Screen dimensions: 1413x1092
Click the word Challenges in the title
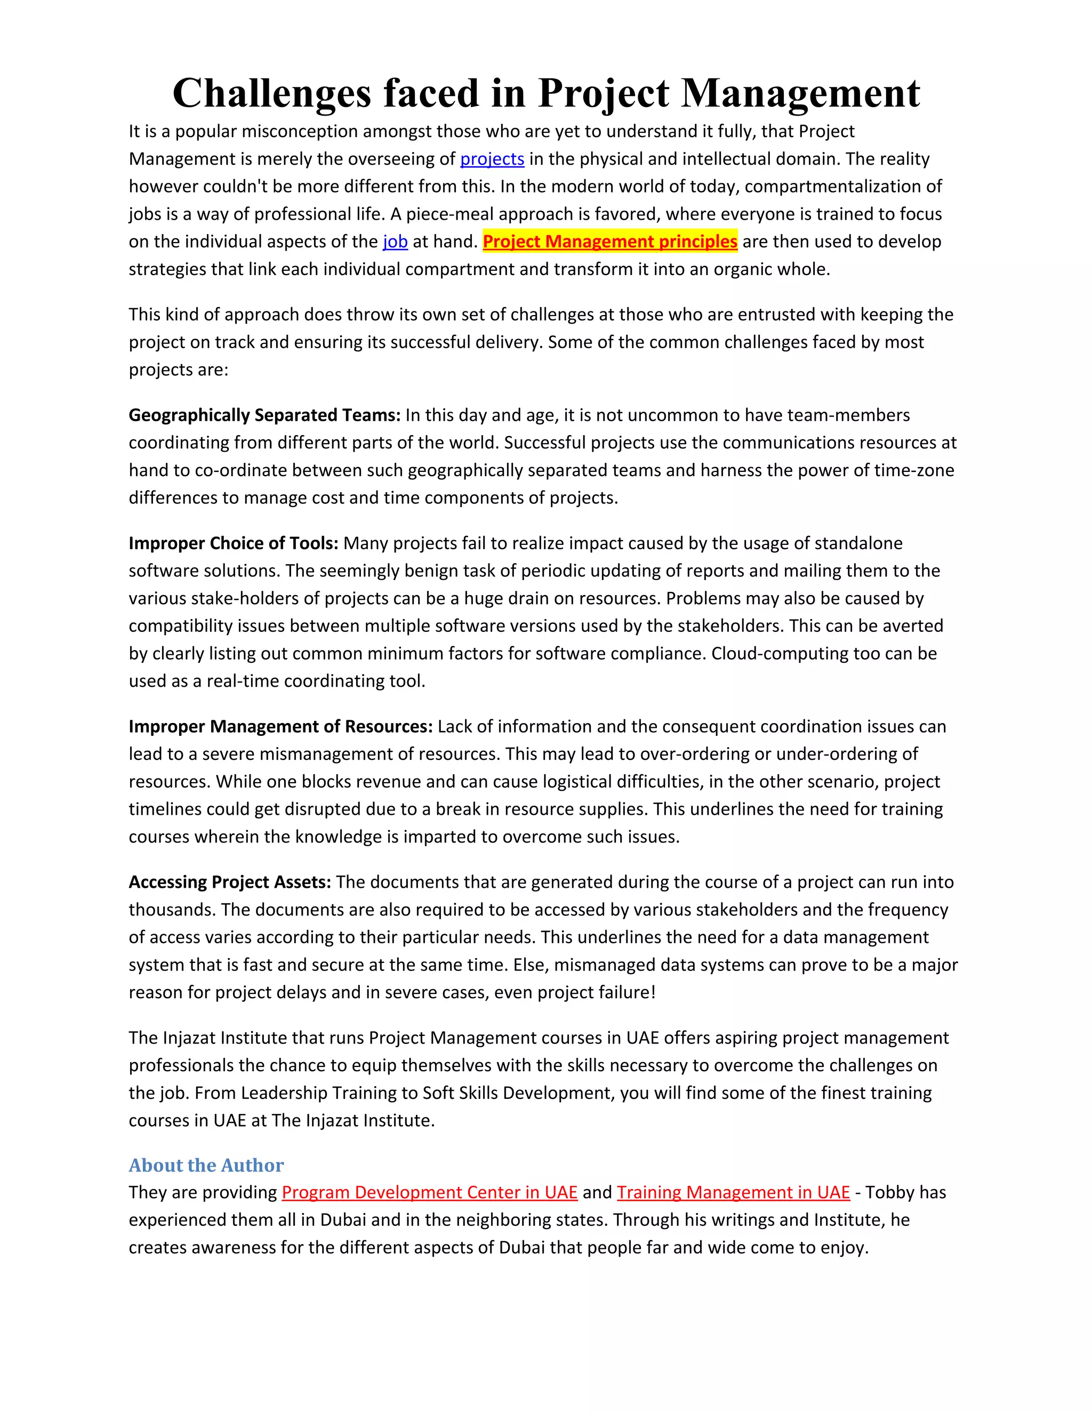pyautogui.click(x=272, y=94)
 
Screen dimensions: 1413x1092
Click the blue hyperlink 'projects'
pyautogui.click(x=492, y=159)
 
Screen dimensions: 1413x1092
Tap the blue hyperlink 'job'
pyautogui.click(x=395, y=242)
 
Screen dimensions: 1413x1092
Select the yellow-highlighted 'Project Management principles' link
pyautogui.click(x=609, y=242)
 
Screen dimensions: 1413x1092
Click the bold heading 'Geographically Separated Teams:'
pyautogui.click(x=264, y=415)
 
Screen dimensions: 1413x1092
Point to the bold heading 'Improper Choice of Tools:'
pyautogui.click(x=234, y=543)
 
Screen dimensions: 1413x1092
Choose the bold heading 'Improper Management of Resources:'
pyautogui.click(x=280, y=727)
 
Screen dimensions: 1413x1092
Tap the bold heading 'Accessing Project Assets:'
pyautogui.click(x=230, y=882)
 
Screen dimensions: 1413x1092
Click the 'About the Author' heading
pyautogui.click(x=206, y=1165)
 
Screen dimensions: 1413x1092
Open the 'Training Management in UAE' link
pyautogui.click(x=733, y=1192)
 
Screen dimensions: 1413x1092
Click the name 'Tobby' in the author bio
pyautogui.click(x=889, y=1192)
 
